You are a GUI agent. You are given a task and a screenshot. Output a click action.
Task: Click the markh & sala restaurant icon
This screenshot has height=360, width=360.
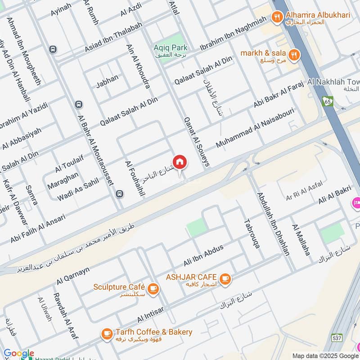(x=295, y=54)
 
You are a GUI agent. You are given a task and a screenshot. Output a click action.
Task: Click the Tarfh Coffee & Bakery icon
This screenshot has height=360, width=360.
(x=107, y=333)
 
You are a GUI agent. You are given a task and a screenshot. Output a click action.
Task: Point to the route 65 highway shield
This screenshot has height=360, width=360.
(x=328, y=102)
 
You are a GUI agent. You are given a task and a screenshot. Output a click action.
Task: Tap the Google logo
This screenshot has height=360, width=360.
(x=18, y=354)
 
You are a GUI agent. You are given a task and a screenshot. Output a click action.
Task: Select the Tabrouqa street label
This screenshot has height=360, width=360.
(x=252, y=234)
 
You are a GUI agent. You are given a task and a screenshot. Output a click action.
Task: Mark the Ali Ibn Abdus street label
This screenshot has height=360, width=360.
(x=203, y=256)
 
